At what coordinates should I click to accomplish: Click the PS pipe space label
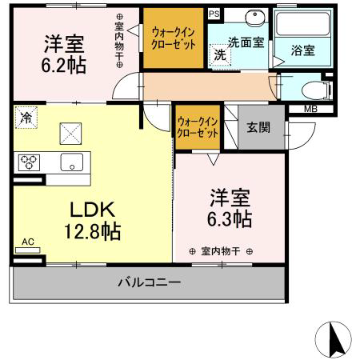pyautogui.click(x=214, y=14)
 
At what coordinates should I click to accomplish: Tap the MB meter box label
pyautogui.click(x=310, y=109)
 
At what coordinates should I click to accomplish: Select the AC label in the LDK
pyautogui.click(x=28, y=242)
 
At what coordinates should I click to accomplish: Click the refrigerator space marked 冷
pyautogui.click(x=26, y=118)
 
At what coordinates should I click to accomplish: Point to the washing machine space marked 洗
pyautogui.click(x=220, y=54)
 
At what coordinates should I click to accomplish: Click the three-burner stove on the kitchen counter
pyautogui.click(x=29, y=162)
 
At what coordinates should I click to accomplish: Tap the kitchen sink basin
pyautogui.click(x=72, y=162)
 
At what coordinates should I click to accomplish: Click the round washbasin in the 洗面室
pyautogui.click(x=255, y=16)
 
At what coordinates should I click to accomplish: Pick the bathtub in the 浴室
pyautogui.click(x=302, y=23)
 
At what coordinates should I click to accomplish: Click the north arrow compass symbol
pyautogui.click(x=333, y=340)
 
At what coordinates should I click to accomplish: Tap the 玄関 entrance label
pyautogui.click(x=258, y=127)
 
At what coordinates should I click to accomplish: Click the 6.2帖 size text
pyautogui.click(x=63, y=66)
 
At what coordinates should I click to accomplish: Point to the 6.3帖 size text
pyautogui.click(x=230, y=219)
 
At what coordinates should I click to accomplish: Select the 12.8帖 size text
pyautogui.click(x=92, y=232)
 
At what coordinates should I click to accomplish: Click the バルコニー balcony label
pyautogui.click(x=150, y=282)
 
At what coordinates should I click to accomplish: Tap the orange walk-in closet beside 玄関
pyautogui.click(x=198, y=127)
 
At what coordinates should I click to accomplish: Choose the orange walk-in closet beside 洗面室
pyautogui.click(x=174, y=38)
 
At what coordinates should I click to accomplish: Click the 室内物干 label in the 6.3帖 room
pyautogui.click(x=221, y=251)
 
